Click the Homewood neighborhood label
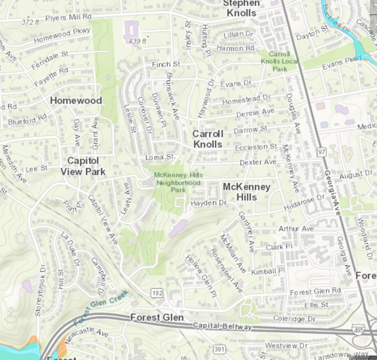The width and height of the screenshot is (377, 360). [76, 100]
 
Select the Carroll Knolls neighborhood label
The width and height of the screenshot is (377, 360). [208, 138]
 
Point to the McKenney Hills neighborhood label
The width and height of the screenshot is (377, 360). [248, 191]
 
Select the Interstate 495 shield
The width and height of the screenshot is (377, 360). [359, 330]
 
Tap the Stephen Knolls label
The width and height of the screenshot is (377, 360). [240, 8]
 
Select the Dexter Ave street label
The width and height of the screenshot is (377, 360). [257, 162]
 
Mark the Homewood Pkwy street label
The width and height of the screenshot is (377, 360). [62, 34]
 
